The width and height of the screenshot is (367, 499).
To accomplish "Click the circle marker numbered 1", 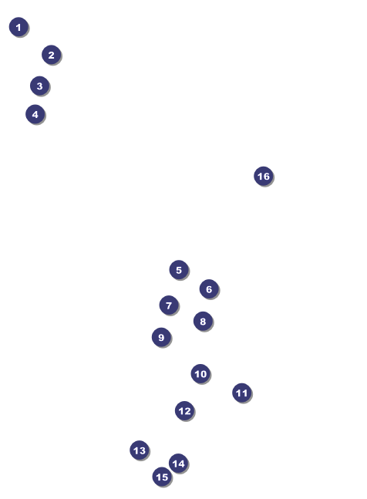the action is tap(19, 27).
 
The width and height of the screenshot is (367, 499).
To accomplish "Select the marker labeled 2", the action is tap(51, 55).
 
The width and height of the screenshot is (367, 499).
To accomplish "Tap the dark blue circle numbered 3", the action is tap(40, 86).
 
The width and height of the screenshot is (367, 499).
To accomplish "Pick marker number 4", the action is tap(35, 114).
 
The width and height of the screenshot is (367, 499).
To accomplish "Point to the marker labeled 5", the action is tap(179, 270).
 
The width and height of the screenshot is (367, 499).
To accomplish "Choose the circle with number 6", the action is tap(209, 289).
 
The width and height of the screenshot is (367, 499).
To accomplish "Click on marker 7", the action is tap(169, 305).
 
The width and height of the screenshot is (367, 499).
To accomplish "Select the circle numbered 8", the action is tap(203, 321).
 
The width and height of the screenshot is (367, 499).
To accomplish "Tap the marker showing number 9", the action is tap(162, 337).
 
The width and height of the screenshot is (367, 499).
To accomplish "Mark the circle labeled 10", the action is tap(200, 373).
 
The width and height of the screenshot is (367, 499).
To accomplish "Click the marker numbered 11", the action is tap(242, 393).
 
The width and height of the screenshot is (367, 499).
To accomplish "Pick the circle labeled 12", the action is tap(185, 411).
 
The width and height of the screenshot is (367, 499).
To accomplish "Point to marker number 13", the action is tap(140, 450).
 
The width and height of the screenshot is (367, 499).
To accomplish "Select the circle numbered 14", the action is tap(178, 464).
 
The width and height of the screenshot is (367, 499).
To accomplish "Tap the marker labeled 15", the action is tap(162, 477).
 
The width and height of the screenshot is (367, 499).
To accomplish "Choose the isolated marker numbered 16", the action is tap(264, 176).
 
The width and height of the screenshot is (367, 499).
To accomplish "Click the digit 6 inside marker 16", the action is tap(267, 177).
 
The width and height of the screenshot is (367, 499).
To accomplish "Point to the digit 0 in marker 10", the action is tap(204, 374).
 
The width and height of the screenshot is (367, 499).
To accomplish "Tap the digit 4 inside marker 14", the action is tap(181, 464).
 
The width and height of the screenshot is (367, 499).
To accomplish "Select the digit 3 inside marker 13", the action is tap(143, 450).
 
